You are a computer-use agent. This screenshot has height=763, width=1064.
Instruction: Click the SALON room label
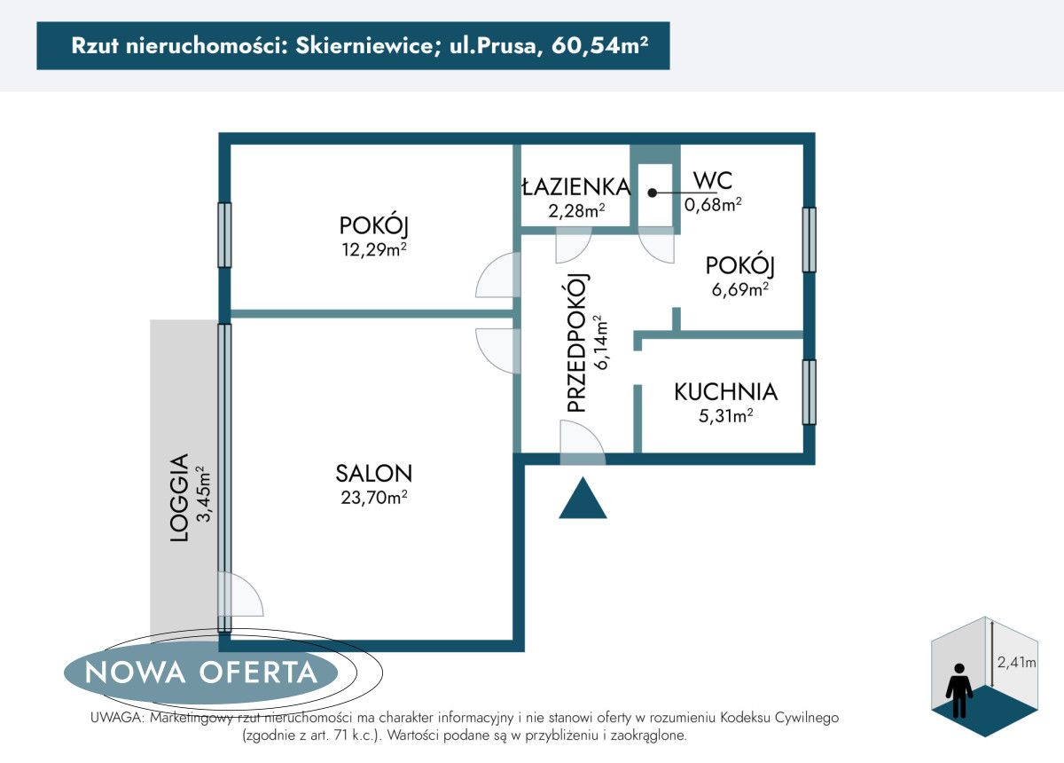point(373,473)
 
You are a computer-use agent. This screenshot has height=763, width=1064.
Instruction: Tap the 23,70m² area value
point(373,498)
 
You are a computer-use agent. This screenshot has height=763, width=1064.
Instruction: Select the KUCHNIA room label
point(725,391)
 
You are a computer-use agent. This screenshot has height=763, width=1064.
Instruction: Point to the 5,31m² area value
point(725,414)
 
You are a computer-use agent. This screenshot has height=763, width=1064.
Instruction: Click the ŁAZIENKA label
point(575,187)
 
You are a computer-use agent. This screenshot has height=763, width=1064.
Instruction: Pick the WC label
point(712,181)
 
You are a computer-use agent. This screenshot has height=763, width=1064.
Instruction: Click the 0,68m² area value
point(712,205)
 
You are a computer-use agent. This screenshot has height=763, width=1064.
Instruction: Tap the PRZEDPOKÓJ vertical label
point(576,342)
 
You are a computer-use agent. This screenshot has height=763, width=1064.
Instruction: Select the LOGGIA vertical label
point(179,498)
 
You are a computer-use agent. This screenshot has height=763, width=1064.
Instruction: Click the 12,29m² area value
point(373,249)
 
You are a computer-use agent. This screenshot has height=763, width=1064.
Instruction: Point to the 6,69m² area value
point(739,289)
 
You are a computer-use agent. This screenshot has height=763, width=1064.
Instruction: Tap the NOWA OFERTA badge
point(201,673)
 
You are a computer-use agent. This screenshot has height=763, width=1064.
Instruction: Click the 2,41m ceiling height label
point(1016,662)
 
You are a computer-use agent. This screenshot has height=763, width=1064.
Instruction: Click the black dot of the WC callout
point(652,192)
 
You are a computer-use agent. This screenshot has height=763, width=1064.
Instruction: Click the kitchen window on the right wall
point(809,392)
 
